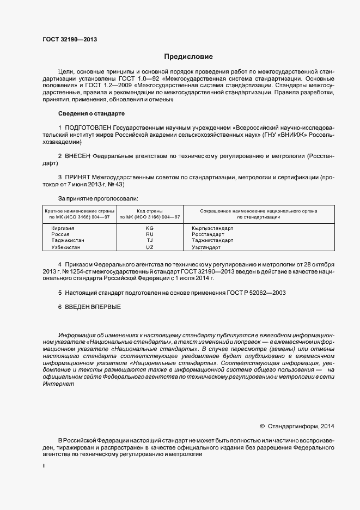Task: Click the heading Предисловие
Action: (188, 57)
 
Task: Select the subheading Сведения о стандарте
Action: (91, 113)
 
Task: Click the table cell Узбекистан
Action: (66, 247)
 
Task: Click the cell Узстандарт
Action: (206, 247)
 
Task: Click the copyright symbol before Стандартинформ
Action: (262, 426)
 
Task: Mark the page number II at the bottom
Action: (44, 467)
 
